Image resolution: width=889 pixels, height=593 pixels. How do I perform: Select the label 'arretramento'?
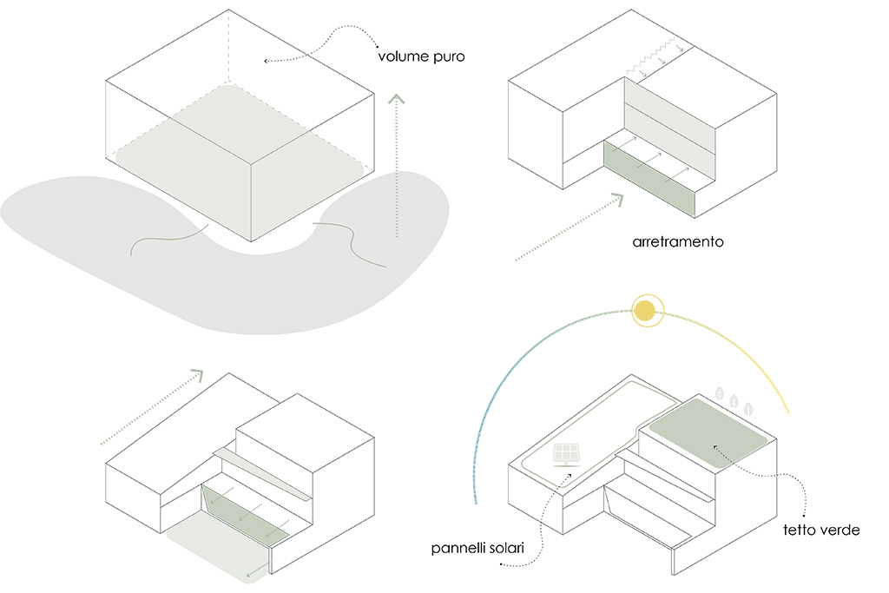coord(677,242)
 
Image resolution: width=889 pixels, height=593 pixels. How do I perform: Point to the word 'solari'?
coord(504,548)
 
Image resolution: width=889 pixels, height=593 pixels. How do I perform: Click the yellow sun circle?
coord(645,311)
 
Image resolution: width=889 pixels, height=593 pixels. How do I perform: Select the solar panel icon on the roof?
coord(566,455)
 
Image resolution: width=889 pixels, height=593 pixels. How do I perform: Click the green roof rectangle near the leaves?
coord(708,433)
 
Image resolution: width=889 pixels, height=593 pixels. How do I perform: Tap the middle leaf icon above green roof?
coord(734,401)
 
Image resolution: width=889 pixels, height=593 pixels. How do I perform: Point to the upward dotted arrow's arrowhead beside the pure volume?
coord(396,99)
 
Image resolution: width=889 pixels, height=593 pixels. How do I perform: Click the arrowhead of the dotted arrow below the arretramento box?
coord(617,199)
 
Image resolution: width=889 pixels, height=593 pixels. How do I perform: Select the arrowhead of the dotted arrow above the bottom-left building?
coord(197,374)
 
